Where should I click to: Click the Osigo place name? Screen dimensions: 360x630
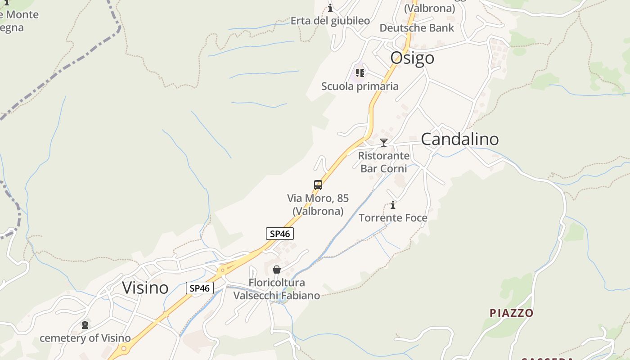pos(412,58)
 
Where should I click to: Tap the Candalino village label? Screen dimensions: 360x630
pos(459,139)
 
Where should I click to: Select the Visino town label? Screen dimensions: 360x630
pos(145,288)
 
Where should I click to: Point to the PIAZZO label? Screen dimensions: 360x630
pos(511,313)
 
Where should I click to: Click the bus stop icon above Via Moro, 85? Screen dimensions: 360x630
pos(318,184)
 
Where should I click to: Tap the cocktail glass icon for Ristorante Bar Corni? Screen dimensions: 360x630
pos(384,143)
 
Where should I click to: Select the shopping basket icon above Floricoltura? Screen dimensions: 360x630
pos(277,270)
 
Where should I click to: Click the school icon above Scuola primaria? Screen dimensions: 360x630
pos(360,72)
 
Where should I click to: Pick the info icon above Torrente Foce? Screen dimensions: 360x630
pos(393,205)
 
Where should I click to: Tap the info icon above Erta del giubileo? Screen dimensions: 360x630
pos(330,8)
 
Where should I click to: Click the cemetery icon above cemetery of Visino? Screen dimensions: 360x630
pos(85,324)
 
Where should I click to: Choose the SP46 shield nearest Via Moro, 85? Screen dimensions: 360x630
pos(280,234)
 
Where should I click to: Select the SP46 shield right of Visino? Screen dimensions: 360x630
pos(200,288)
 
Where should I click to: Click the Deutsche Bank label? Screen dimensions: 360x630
pos(417,28)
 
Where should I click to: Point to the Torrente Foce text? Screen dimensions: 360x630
pos(393,218)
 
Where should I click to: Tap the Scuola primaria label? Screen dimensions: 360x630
pos(360,86)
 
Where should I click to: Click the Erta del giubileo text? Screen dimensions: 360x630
pos(330,21)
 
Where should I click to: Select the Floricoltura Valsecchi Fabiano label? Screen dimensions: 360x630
pos(277,289)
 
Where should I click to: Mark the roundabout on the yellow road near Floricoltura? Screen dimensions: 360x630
pos(221,271)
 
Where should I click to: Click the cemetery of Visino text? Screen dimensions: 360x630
pos(85,338)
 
